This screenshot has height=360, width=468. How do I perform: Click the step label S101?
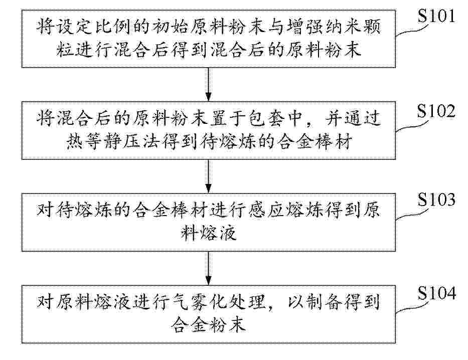click(x=436, y=16)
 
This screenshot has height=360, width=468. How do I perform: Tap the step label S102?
click(x=436, y=111)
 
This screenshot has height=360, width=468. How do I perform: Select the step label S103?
click(x=436, y=199)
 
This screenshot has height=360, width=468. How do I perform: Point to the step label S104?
click(x=436, y=293)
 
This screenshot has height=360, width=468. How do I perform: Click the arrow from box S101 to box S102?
click(x=209, y=84)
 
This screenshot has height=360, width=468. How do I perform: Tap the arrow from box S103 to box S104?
click(x=209, y=268)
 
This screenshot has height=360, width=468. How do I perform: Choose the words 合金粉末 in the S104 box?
click(x=209, y=324)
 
